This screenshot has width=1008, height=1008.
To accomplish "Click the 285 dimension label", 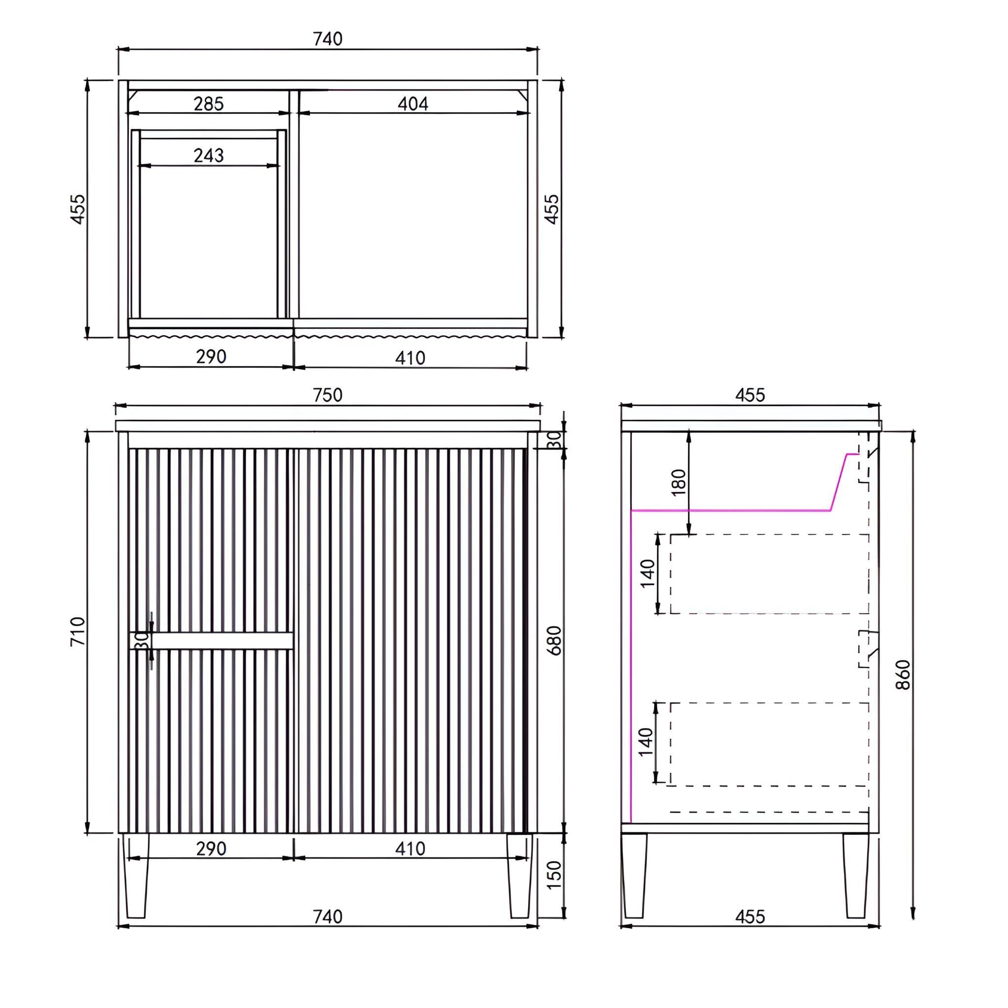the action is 209,104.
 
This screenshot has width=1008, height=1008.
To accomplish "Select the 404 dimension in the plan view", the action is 412,104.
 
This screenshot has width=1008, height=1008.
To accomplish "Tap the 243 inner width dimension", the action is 209,155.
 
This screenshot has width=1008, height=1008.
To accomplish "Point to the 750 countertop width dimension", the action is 328,395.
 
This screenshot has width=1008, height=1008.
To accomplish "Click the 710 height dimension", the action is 78,631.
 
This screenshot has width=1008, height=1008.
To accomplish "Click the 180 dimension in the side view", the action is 678,483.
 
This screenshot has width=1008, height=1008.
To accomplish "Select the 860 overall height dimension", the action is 903,675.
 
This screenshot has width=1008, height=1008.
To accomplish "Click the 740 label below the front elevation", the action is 328,916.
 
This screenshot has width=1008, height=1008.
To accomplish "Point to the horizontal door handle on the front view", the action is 211,641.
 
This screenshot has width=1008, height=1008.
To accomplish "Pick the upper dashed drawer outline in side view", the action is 770,574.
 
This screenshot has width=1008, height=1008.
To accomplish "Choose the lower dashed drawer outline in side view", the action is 770,744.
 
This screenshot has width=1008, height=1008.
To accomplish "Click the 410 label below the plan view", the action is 410,358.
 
